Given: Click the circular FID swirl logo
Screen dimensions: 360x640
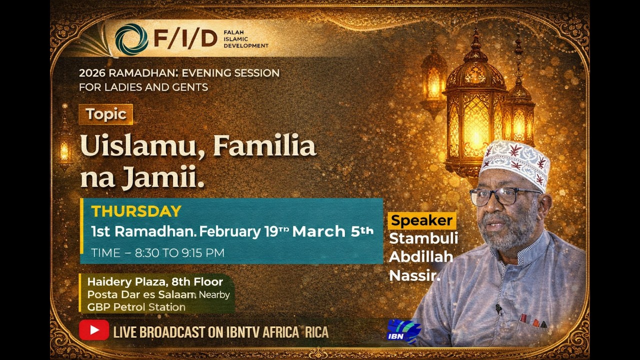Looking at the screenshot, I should point(131,39).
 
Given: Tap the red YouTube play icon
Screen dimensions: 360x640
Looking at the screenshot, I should point(94,330).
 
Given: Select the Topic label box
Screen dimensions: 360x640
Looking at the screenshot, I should point(105,114).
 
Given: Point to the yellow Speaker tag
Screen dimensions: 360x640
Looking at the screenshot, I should point(421,220).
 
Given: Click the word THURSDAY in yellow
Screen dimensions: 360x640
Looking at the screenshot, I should point(136,211).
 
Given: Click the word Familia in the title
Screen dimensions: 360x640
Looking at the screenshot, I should point(264,146).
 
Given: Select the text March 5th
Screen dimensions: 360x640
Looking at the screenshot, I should point(332,231).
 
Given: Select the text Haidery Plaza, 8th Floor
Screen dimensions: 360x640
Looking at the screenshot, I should point(155,281).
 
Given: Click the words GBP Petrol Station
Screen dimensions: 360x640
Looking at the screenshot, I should point(136,307).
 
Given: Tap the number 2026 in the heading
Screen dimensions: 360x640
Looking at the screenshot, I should point(93,73).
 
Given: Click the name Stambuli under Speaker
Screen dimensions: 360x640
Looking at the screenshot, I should point(423,238).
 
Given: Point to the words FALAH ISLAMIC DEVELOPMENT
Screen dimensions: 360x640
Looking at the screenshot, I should point(246,39).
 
